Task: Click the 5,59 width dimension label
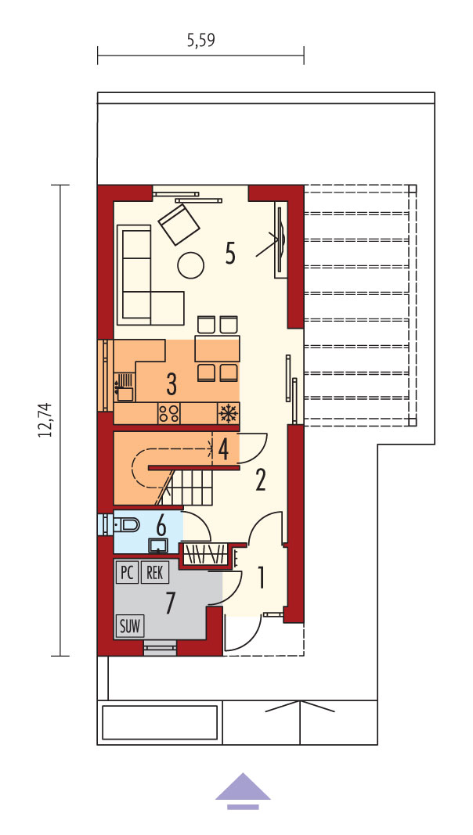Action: pyautogui.click(x=200, y=41)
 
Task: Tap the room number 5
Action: pyautogui.click(x=230, y=254)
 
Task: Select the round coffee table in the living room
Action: pyautogui.click(x=190, y=265)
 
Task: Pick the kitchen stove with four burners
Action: pyautogui.click(x=169, y=413)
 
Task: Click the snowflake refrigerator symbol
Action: pyautogui.click(x=229, y=413)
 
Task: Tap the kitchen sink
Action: pyautogui.click(x=124, y=387)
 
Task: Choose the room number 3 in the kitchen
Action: pyautogui.click(x=171, y=384)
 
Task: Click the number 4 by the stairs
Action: pyautogui.click(x=224, y=448)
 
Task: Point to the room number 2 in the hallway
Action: pyautogui.click(x=261, y=480)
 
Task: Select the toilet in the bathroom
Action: pyautogui.click(x=126, y=526)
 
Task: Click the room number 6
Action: pyautogui.click(x=161, y=526)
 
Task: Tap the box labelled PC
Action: pyautogui.click(x=127, y=573)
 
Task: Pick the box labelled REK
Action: pyautogui.click(x=154, y=573)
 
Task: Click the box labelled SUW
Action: pyautogui.click(x=130, y=626)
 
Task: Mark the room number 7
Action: pyautogui.click(x=170, y=603)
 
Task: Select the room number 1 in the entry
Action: pyautogui.click(x=261, y=578)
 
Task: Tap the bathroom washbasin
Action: pyautogui.click(x=158, y=545)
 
